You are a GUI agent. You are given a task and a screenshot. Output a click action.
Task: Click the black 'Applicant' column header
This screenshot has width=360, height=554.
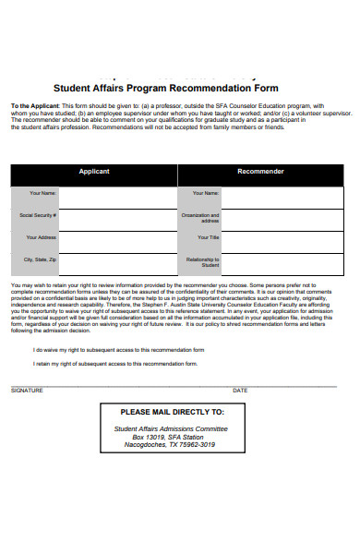tap(93, 172)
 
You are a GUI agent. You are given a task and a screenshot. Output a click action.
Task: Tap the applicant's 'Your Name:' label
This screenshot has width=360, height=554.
tap(42, 193)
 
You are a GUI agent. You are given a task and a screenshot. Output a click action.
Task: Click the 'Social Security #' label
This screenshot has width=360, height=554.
tap(39, 215)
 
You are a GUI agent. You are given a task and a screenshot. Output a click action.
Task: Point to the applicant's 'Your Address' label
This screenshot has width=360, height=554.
tap(42, 237)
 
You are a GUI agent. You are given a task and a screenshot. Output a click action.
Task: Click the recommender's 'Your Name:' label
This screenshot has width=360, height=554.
tap(205, 193)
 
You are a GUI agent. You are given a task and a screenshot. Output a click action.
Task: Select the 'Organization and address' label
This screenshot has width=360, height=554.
tap(204, 217)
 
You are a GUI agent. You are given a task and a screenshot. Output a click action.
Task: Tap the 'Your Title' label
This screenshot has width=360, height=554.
tap(207, 237)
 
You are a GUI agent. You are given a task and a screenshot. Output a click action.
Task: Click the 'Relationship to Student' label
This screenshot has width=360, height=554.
tap(205, 262)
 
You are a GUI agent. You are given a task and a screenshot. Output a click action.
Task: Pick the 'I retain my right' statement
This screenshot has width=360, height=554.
tap(115, 365)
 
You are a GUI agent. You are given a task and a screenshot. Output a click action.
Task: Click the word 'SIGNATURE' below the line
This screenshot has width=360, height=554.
tap(26, 391)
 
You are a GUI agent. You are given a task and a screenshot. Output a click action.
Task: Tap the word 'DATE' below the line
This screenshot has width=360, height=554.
tap(240, 391)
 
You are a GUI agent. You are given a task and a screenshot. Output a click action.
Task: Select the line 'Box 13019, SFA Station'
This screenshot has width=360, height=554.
tap(171, 437)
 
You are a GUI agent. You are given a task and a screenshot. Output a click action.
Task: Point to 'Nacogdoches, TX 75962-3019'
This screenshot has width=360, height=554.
tap(171, 445)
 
